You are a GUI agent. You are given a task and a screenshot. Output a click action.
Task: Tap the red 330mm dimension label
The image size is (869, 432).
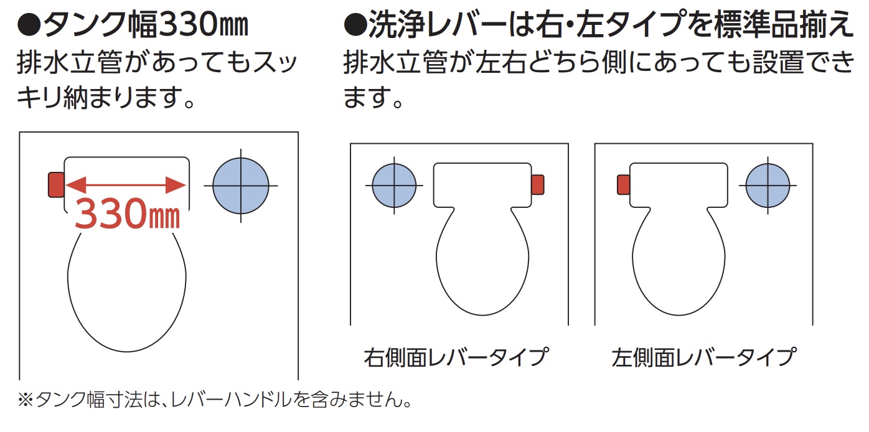coord(127,214)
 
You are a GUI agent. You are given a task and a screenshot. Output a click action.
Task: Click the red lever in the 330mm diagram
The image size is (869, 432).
coord(56,185)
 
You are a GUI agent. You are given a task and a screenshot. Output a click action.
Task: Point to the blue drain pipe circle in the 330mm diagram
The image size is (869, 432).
coord(241,185)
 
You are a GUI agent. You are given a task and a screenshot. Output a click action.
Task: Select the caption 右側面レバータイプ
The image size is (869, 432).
coord(456,357)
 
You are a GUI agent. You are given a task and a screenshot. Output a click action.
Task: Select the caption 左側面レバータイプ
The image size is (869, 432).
coord(704,357)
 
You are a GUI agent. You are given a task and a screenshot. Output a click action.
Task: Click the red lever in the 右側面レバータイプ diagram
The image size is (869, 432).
coord(538,185)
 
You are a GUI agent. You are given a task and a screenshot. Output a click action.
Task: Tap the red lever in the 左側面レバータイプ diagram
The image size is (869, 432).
coord(624,185)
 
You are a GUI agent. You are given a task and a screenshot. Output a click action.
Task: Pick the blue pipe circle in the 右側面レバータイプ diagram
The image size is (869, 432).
coord(394,185)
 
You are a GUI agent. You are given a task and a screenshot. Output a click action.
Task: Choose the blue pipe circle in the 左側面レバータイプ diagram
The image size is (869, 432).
coord(768,185)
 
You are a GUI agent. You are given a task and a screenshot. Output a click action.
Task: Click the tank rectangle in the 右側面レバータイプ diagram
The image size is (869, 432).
coord(482,185)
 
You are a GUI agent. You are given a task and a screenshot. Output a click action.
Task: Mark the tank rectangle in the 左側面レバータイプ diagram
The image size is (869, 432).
coord(679,185)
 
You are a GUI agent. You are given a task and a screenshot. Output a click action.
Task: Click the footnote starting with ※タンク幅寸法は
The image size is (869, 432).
coord(215,400)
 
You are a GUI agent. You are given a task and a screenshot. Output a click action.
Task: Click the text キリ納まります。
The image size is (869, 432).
coord(106,97)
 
